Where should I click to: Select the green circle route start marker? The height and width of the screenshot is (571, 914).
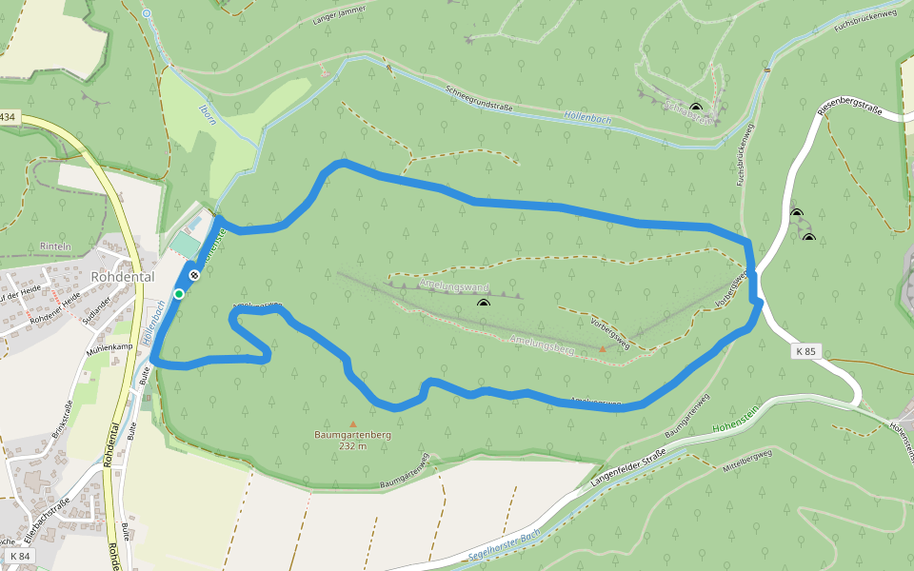[179, 293]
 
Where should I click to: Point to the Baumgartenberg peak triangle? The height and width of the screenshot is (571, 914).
[353, 424]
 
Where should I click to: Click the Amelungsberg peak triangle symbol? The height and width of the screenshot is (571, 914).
[602, 349]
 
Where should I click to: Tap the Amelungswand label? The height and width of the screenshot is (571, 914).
[453, 285]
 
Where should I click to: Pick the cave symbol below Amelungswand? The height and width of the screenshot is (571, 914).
[484, 304]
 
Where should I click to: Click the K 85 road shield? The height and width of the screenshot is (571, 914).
[805, 351]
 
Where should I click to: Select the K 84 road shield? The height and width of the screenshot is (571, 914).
[18, 556]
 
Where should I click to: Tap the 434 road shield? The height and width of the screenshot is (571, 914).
[8, 116]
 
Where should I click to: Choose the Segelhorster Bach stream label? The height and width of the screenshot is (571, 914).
[505, 544]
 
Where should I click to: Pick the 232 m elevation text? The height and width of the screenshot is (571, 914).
[352, 445]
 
